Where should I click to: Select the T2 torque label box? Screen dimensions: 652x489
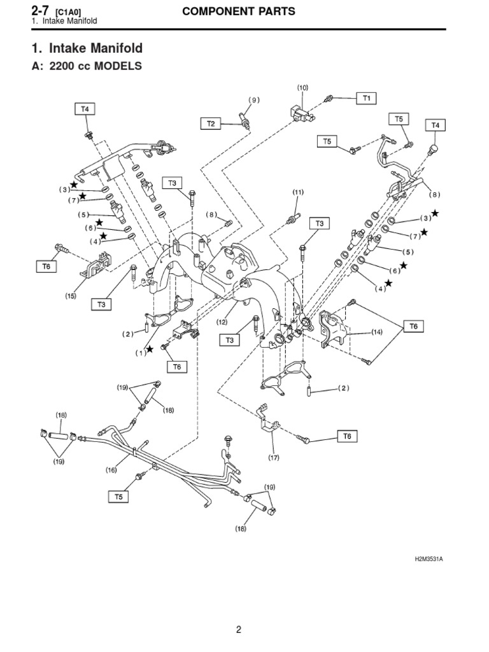pyautogui.click(x=211, y=123)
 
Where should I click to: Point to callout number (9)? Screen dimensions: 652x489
pyautogui.click(x=254, y=100)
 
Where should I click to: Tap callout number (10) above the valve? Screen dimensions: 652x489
pyautogui.click(x=302, y=87)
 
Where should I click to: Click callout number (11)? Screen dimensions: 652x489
pyautogui.click(x=298, y=192)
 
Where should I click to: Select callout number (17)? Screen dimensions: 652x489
pyautogui.click(x=274, y=457)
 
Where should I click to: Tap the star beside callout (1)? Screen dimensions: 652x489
pyautogui.click(x=150, y=349)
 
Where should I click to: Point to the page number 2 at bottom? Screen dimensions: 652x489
pyautogui.click(x=239, y=630)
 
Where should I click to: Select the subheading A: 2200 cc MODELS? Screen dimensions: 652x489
pyautogui.click(x=86, y=67)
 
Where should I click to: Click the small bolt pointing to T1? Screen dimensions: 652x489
pyautogui.click(x=329, y=99)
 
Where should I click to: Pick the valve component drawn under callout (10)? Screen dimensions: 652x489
pyautogui.click(x=299, y=112)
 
